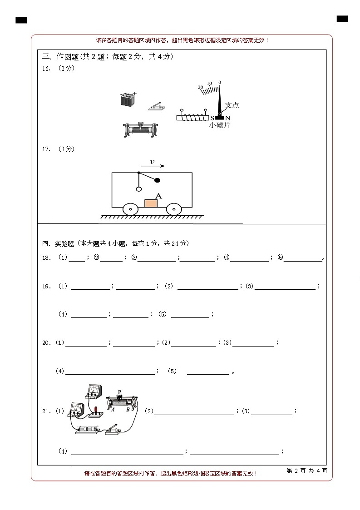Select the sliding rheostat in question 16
coord(141,129)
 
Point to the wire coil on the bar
coord(192,118)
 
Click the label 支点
coord(232,105)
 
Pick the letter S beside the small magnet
coord(212,118)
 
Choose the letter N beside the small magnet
coord(228,118)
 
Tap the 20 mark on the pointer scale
coord(200,87)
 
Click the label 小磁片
coord(220,125)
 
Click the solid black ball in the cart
coord(158,180)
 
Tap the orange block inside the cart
coord(151,203)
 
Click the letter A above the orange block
coord(158,196)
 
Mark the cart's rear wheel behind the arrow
coord(131,209)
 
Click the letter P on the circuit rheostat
coord(119,391)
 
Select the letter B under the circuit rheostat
coord(128,409)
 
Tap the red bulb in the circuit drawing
coord(96,409)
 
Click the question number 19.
coord(45,287)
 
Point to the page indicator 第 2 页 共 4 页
coord(307,471)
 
